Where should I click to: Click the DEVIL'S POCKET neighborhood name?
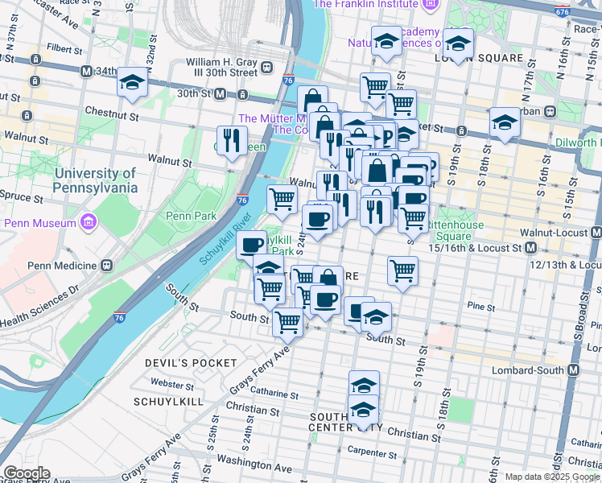coord(183,363)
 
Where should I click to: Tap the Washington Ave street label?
coord(254,467)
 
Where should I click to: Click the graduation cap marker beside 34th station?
coord(131,82)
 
